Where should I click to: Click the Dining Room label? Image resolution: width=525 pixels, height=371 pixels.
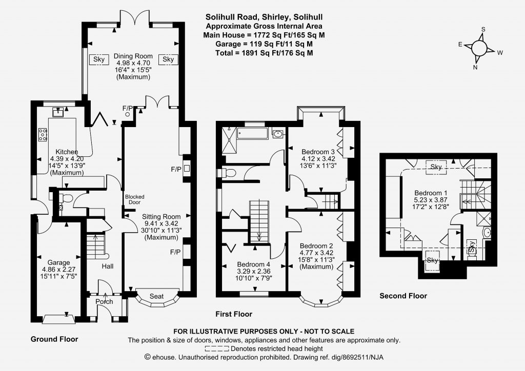coord(133,56)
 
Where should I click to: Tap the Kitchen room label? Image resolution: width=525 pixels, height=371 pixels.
coord(67,152)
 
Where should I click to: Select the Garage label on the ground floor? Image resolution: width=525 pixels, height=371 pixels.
coord(58,262)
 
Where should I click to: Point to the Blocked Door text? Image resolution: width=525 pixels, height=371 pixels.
coord(135,199)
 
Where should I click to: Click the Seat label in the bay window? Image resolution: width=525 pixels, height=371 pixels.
coord(156,296)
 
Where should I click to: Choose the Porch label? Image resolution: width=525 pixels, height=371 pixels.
coord(104,301)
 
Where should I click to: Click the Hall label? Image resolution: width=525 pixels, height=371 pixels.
coord(108,266)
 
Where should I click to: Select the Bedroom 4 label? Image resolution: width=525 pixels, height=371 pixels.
coord(253,264)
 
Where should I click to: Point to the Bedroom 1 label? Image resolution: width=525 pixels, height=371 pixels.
coord(431,193)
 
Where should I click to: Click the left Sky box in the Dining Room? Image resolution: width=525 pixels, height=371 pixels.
coord(99,59)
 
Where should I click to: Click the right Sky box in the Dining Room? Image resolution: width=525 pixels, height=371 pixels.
coord(168,59)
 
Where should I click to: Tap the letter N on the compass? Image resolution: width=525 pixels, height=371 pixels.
coord(475,67)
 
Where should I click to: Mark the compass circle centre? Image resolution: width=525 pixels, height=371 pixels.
coord(479,48)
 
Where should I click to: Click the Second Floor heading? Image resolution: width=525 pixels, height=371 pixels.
coord(403,296)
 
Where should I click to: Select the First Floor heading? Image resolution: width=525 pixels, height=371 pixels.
coord(234,314)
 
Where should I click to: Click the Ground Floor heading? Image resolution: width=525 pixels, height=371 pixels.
coord(54,339)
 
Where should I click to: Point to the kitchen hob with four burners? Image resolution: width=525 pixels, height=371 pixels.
coord(43,134)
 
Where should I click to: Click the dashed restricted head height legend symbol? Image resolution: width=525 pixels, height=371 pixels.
coord(217,348)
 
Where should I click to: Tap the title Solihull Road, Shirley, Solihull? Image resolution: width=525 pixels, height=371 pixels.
coord(264,17)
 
